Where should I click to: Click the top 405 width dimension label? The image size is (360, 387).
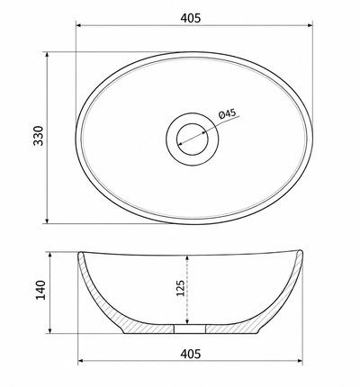[191, 18]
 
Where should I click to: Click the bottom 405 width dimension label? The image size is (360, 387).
[191, 354]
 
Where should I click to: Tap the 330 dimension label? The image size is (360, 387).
[39, 136]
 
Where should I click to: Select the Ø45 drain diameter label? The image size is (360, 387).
[227, 113]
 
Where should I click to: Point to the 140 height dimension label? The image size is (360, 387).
[40, 290]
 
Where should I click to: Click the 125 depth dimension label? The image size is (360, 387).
[180, 288]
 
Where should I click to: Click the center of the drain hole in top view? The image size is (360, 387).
[193, 139]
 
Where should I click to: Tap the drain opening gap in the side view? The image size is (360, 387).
[190, 328]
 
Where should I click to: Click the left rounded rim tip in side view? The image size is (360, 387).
[80, 254]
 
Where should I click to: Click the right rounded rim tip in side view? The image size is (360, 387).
[300, 252]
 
